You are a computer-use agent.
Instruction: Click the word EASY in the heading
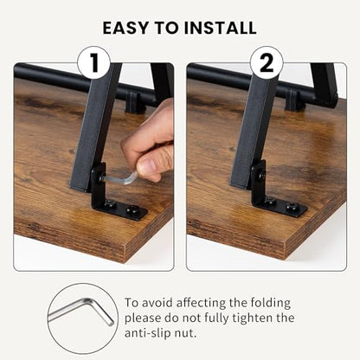click(x=125, y=28)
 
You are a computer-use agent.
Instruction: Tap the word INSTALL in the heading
click(x=220, y=28)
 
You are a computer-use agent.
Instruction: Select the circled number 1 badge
click(x=93, y=63)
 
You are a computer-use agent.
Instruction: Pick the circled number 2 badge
click(x=267, y=63)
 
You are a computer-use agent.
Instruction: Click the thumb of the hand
click(x=149, y=164)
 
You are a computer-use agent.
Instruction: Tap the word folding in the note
click(x=270, y=303)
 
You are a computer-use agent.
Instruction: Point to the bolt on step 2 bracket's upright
click(x=261, y=176)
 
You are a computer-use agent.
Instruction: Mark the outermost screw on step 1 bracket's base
click(x=133, y=210)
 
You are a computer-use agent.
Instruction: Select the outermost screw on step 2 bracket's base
click(x=292, y=207)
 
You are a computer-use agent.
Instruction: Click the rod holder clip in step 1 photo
click(x=135, y=103)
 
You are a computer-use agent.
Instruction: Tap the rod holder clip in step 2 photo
click(x=294, y=100)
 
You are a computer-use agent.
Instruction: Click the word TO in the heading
click(x=166, y=28)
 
